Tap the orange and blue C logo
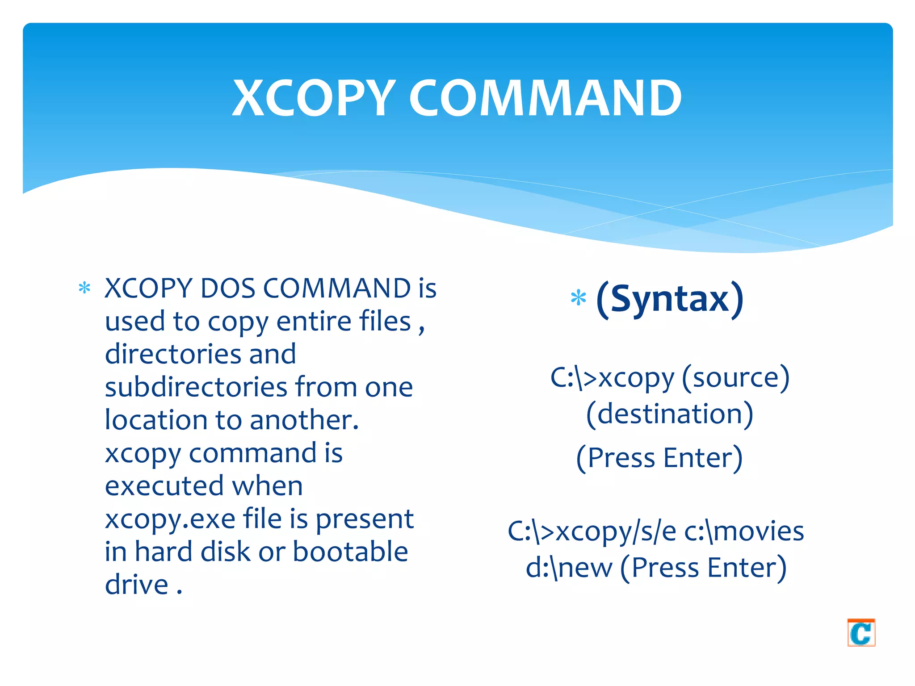click(x=860, y=632)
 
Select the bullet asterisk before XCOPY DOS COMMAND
click(x=84, y=288)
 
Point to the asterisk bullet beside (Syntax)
click(x=578, y=298)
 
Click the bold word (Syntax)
click(x=670, y=299)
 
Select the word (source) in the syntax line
click(x=736, y=378)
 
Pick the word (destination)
click(x=669, y=414)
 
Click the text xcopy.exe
click(x=170, y=519)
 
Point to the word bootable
click(x=350, y=552)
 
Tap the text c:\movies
click(x=744, y=531)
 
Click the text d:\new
click(x=569, y=568)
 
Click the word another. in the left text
click(x=304, y=420)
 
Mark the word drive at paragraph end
click(x=136, y=585)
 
